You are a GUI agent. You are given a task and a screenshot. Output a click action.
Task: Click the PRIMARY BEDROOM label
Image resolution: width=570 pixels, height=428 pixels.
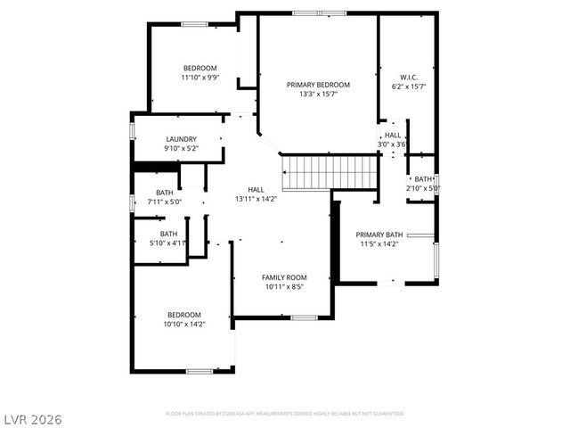(x=318, y=85)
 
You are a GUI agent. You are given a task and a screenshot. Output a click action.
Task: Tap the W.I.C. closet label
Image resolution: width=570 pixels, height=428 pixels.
(x=410, y=76)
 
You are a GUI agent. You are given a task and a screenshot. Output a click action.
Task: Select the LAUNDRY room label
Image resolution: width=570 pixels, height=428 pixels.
(x=181, y=139)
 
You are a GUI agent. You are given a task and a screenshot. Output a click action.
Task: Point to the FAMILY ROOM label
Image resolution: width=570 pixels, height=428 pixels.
(x=284, y=277)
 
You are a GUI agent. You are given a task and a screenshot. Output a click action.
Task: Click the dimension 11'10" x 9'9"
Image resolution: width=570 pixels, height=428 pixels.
(x=200, y=78)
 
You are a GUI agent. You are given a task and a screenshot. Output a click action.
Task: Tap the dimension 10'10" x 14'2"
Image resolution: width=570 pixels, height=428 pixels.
(x=184, y=325)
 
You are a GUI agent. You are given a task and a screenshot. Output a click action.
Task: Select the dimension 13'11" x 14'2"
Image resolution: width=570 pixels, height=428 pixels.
(x=256, y=199)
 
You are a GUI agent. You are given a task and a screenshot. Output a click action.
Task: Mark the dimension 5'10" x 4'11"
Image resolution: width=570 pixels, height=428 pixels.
(x=168, y=243)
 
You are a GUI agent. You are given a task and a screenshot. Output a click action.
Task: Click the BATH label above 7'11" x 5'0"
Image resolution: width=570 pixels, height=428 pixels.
(x=165, y=193)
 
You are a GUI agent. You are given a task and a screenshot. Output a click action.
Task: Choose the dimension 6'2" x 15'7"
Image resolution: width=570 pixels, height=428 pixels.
(x=410, y=86)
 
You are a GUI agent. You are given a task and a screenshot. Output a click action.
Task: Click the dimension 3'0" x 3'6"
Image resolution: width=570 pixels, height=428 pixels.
(x=392, y=144)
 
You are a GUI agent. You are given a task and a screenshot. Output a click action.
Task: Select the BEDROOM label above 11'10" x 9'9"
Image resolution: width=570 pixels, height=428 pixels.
(x=200, y=69)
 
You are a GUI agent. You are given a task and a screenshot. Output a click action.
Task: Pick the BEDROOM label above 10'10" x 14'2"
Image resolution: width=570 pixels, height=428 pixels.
(x=184, y=315)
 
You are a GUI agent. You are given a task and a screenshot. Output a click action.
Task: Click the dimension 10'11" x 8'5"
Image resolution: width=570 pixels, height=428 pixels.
(x=284, y=287)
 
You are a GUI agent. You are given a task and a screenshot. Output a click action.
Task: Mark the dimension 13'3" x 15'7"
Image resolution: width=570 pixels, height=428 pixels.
(x=318, y=95)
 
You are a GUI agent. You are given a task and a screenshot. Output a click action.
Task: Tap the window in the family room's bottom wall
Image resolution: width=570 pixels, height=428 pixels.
(x=305, y=317)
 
